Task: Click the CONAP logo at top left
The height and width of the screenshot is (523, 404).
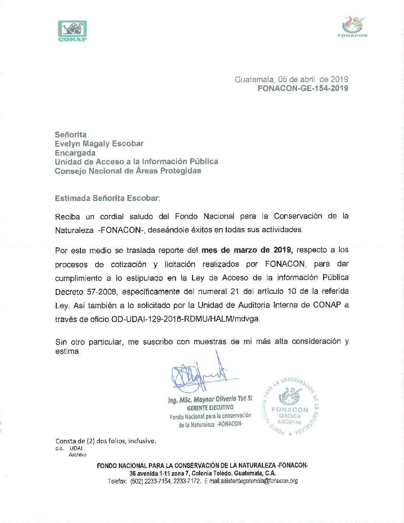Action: coord(72,31)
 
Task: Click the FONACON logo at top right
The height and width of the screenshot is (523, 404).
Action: coord(352,27)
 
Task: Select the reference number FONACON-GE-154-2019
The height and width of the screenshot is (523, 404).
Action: coord(303,88)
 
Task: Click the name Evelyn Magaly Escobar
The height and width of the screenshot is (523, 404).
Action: coord(99,143)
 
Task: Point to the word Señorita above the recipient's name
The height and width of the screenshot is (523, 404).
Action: coord(71,134)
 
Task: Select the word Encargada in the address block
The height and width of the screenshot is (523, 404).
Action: coord(75,153)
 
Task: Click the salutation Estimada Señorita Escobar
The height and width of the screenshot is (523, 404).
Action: coord(107,198)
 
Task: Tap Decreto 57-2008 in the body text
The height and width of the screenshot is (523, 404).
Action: coord(87,292)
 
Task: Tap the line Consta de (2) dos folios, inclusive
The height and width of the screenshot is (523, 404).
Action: coord(106,441)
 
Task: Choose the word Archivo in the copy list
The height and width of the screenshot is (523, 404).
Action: coord(77,454)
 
